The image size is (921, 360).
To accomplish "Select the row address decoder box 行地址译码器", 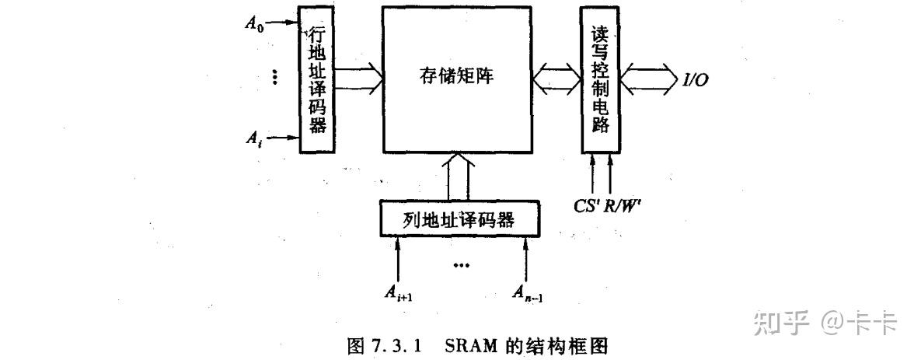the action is (x=316, y=79).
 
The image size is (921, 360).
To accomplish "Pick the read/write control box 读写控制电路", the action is (x=600, y=79).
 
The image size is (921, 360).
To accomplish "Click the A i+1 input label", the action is (x=399, y=292).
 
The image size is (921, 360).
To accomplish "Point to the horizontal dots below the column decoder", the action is (x=461, y=266).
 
